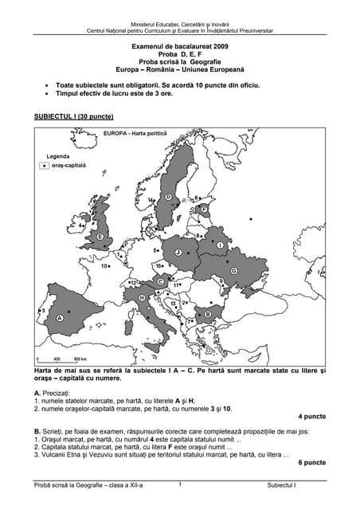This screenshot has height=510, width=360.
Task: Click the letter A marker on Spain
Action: coord(60,317)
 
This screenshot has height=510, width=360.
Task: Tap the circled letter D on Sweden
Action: coord(168,196)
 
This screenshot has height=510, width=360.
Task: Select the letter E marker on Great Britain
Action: coord(100,237)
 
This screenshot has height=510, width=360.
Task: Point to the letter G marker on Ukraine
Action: coord(233,271)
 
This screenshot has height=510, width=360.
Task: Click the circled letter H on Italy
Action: coord(142,297)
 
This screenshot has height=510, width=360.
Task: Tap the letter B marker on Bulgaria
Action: coord(208,315)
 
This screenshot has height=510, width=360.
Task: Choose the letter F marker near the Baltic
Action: coord(204,210)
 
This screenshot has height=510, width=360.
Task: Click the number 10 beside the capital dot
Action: coord(104,266)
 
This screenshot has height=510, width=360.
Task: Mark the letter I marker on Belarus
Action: coord(220,245)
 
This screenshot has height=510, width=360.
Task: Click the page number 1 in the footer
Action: coord(181,484)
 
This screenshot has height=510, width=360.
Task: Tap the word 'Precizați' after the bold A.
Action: coord(57,394)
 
